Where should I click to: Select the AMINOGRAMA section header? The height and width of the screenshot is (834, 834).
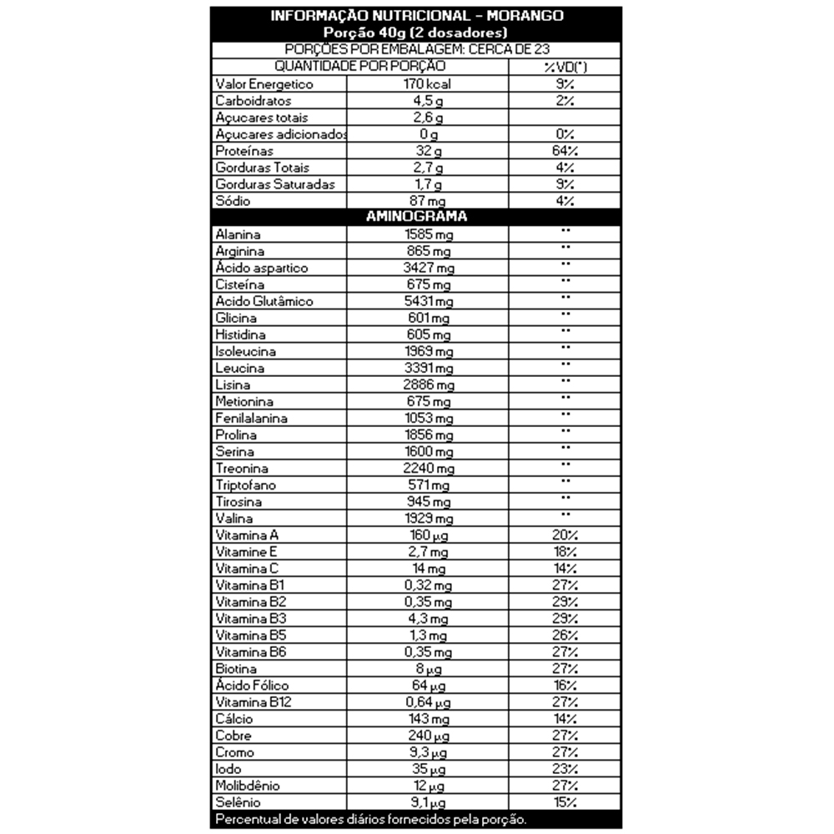coord(416,217)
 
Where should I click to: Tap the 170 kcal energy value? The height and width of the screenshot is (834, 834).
coord(427,84)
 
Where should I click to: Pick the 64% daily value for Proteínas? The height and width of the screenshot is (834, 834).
coord(564,151)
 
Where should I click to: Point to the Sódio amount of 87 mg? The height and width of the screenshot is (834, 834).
coord(427,201)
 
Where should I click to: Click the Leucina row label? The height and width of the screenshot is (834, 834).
coord(239,368)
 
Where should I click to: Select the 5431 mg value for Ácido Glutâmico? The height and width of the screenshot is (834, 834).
coord(427,301)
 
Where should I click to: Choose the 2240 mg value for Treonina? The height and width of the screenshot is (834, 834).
coord(427,468)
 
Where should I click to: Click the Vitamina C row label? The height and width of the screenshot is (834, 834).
coord(248,568)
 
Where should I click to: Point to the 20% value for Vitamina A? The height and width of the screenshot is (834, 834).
coord(564,535)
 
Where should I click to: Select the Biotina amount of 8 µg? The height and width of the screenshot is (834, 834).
coord(427,668)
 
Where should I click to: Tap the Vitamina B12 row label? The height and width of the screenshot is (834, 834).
coord(252,701)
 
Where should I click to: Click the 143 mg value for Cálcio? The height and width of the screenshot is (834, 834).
coord(427,718)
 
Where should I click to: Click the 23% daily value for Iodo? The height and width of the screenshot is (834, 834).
coord(564,768)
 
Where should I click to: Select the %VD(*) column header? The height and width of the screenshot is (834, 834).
coord(564,66)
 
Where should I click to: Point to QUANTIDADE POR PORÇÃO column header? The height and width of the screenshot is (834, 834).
coord(360,66)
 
